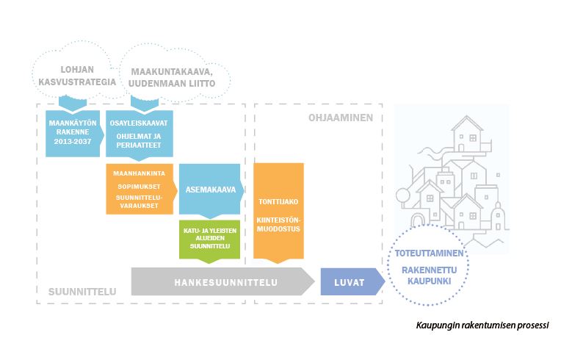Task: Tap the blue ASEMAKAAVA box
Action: coord(211,187)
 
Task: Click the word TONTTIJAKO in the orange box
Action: coord(278,201)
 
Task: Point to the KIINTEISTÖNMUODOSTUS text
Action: coord(278,223)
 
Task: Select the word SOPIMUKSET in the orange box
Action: coord(140,186)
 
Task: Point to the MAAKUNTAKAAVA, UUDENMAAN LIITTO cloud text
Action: coord(173,78)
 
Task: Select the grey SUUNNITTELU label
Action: coord(82,292)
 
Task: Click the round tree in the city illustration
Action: coord(402,195)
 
